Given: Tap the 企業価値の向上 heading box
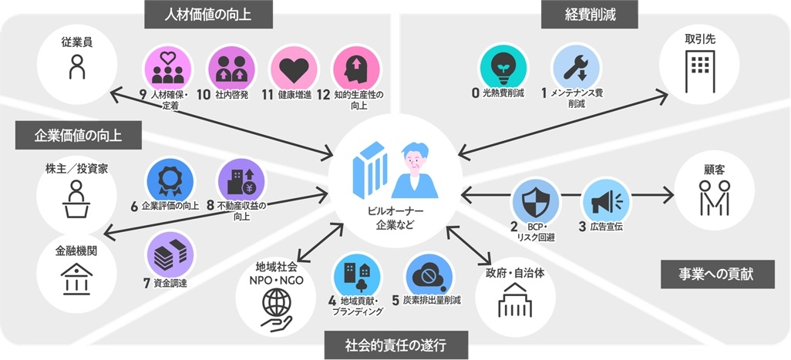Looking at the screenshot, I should (79, 136).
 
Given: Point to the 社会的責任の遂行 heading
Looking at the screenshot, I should (396, 344).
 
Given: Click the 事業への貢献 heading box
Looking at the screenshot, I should (717, 274).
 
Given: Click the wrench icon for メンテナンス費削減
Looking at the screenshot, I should (574, 66).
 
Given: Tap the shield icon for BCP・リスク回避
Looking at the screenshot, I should (534, 201).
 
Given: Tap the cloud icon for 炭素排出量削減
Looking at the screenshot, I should (426, 275).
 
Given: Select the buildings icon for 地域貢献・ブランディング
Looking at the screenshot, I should (355, 275).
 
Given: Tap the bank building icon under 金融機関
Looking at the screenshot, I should (75, 278).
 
